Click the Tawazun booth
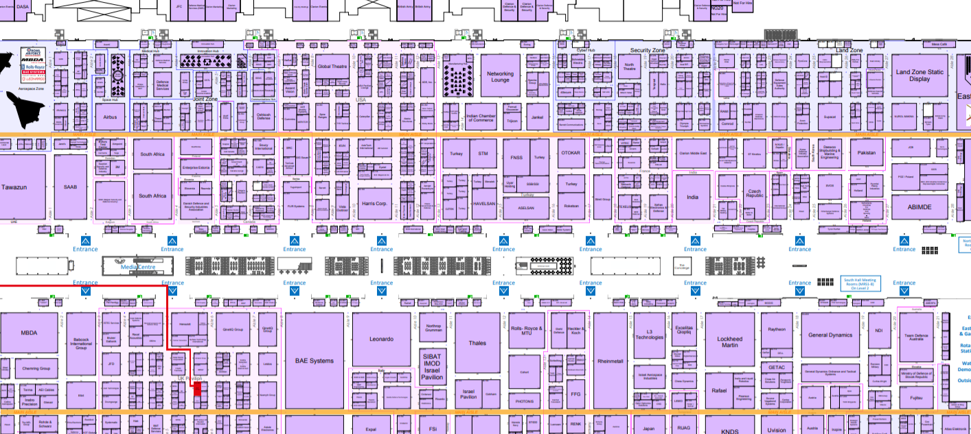tap(14, 186)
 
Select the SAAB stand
tap(71, 186)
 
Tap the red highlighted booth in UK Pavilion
tap(198, 389)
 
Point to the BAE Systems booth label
tap(314, 361)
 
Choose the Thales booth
tap(477, 343)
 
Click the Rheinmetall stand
tap(610, 361)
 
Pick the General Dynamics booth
tap(830, 335)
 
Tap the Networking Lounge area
tap(500, 77)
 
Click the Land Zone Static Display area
tap(919, 75)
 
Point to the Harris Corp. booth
tap(375, 204)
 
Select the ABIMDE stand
tap(919, 206)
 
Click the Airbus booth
tap(110, 117)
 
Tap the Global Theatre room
tap(332, 67)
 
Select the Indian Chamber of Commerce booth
tap(481, 118)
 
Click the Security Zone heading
tap(648, 51)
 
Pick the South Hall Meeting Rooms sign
tap(860, 284)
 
